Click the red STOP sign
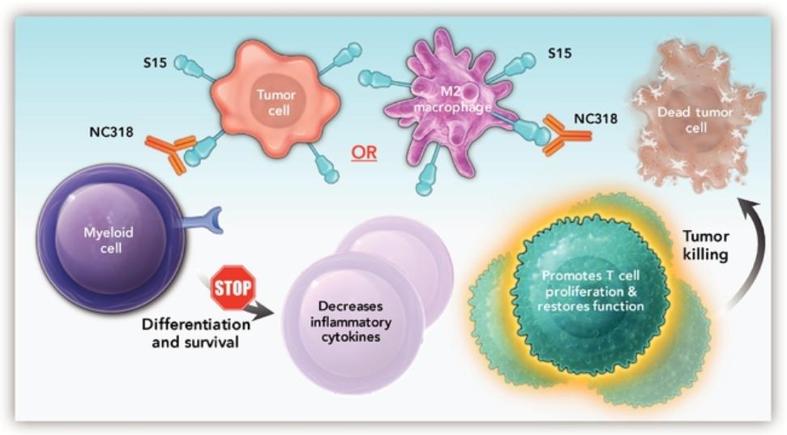click(233, 286)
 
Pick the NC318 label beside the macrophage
click(597, 118)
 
